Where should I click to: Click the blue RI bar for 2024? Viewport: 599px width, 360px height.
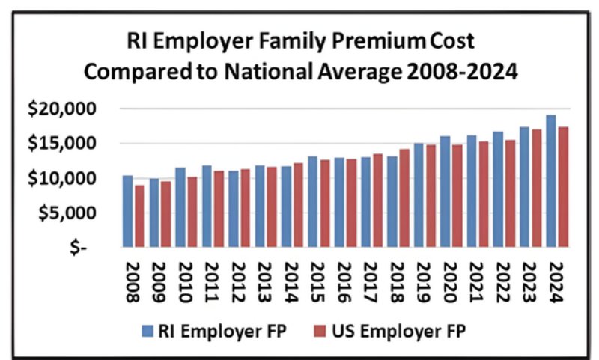click(551, 180)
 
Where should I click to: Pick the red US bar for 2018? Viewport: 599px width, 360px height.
click(405, 198)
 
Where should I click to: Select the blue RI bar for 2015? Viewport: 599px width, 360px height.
click(312, 201)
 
